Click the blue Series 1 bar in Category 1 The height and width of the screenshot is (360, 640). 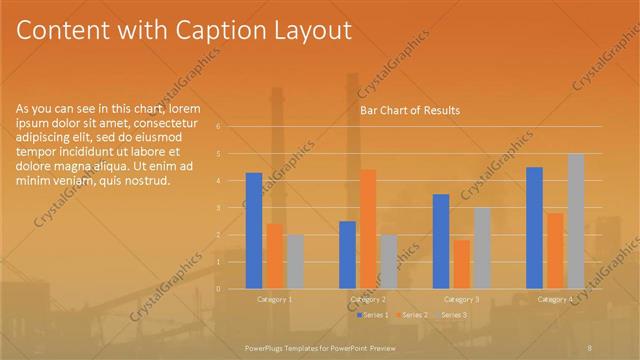[254, 230]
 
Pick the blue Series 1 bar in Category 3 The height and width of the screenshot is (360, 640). [441, 241]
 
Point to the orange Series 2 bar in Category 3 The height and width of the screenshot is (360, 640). [461, 263]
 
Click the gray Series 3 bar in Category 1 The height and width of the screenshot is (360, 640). [294, 261]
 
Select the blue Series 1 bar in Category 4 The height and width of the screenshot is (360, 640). [534, 227]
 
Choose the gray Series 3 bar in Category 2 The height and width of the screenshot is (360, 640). [388, 261]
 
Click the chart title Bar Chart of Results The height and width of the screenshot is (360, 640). [410, 111]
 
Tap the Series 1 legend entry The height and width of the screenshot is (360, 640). [374, 315]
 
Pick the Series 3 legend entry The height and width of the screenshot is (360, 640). [453, 315]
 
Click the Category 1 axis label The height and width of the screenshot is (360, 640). [275, 299]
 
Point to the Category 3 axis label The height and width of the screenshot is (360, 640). [461, 299]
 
